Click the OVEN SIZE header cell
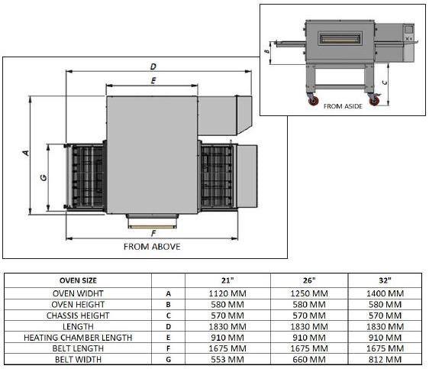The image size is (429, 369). pyautogui.click(x=79, y=279)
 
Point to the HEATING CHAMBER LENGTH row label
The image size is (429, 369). pyautogui.click(x=79, y=337)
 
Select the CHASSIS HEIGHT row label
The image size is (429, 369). pyautogui.click(x=79, y=315)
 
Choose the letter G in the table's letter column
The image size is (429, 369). pyautogui.click(x=168, y=358)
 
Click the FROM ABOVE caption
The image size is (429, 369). pyautogui.click(x=153, y=247)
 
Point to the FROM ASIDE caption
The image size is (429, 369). pyautogui.click(x=343, y=106)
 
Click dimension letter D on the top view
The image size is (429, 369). pyautogui.click(x=154, y=67)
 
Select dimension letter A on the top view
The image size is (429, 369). pyautogui.click(x=25, y=153)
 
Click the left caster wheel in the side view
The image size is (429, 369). pyautogui.click(x=312, y=101)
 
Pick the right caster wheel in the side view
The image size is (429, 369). pyautogui.click(x=374, y=101)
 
